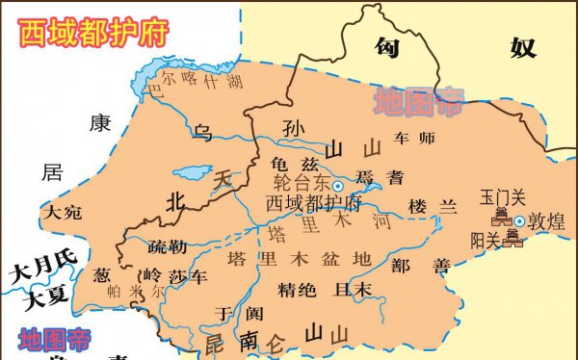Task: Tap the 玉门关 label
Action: (502, 198)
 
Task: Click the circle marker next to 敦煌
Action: (519, 221)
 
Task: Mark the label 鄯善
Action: (415, 265)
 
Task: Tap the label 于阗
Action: (238, 313)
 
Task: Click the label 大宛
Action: (61, 212)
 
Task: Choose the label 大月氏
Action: (41, 272)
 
